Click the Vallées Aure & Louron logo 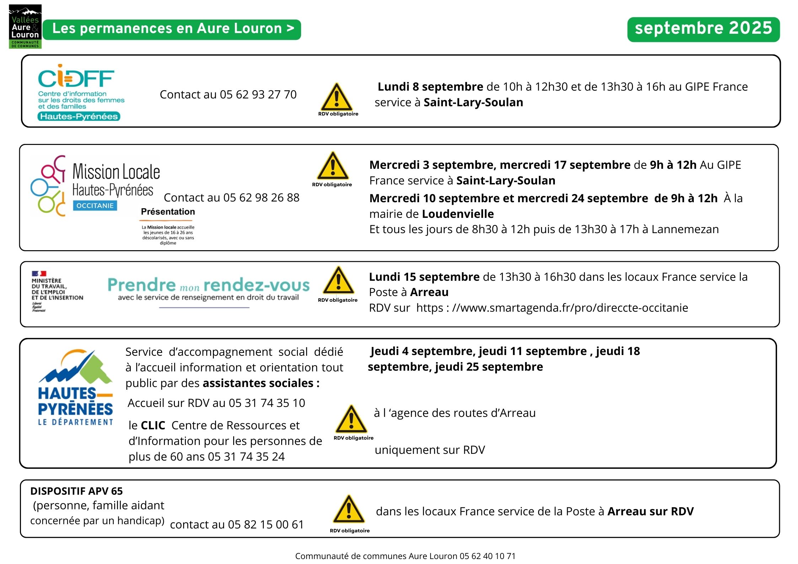pyautogui.click(x=25, y=27)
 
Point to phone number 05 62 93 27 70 pyautogui.click(x=258, y=95)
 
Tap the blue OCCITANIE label pyautogui.click(x=95, y=206)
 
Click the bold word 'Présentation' pyautogui.click(x=168, y=212)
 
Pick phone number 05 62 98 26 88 pyautogui.click(x=261, y=198)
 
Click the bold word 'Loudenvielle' pyautogui.click(x=458, y=214)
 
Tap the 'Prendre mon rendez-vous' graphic pyautogui.click(x=208, y=290)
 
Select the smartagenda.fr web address pyautogui.click(x=569, y=308)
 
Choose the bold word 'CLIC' pyautogui.click(x=153, y=425)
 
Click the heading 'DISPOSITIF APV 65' pyautogui.click(x=76, y=491)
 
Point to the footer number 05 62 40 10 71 pyautogui.click(x=487, y=556)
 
